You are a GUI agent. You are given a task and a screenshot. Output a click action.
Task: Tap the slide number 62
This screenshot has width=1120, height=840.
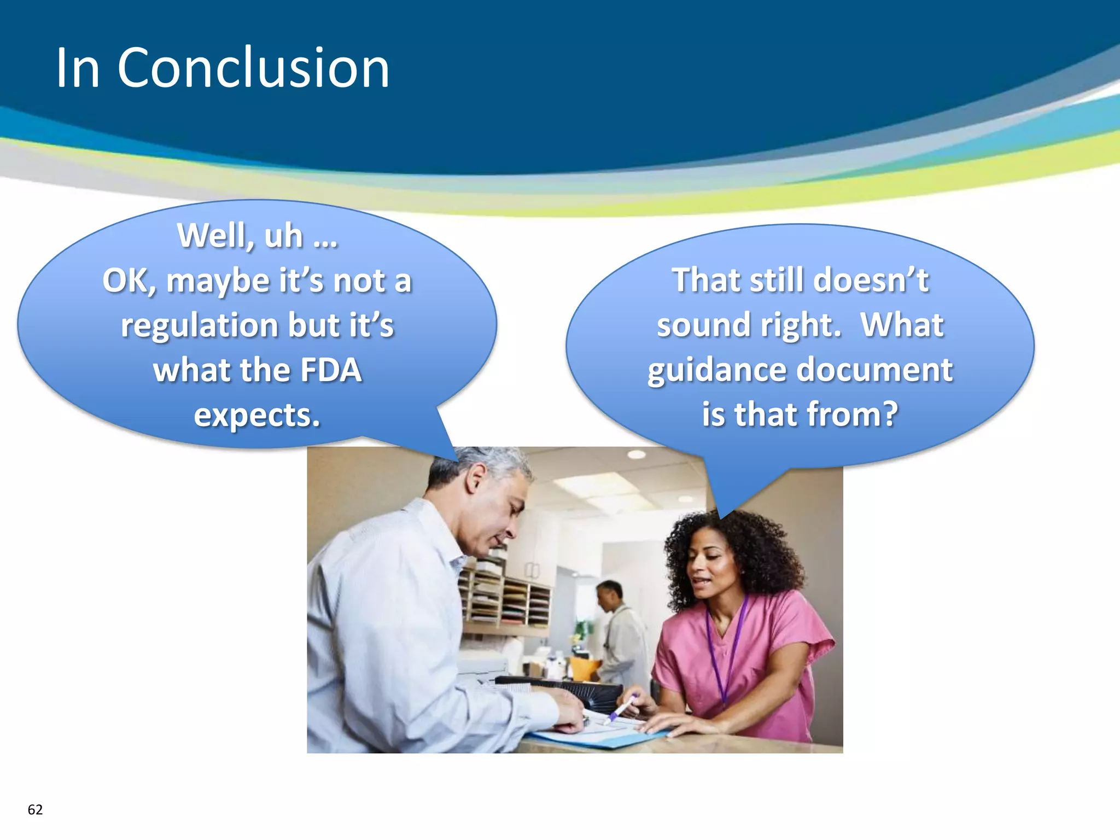click(35, 810)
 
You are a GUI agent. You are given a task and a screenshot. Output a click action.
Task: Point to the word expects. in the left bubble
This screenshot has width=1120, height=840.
click(257, 415)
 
